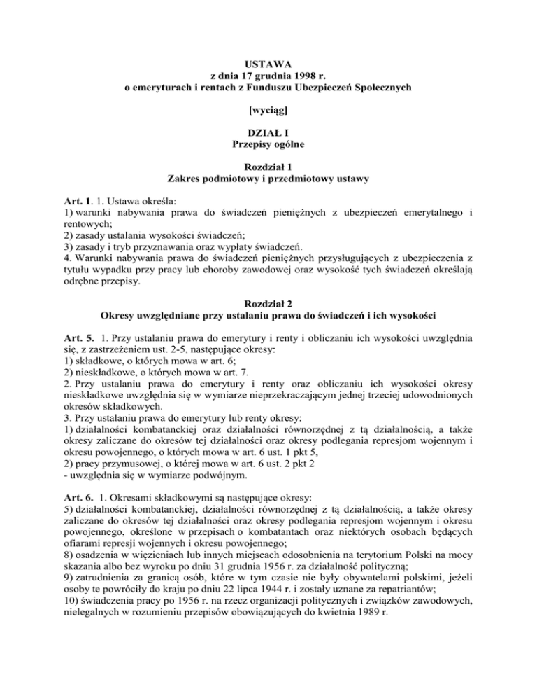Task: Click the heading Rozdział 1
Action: tap(269, 167)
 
